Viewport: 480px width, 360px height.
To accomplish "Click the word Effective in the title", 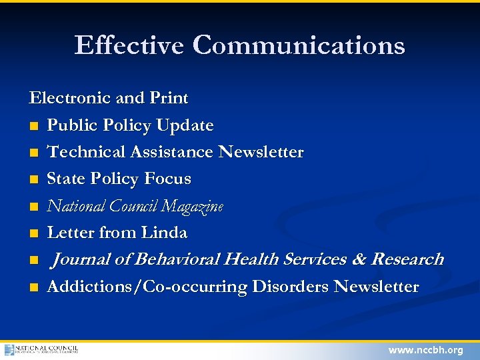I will [130, 45].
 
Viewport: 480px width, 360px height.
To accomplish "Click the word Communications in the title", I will [299, 45].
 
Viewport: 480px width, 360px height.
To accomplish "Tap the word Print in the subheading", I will [169, 98].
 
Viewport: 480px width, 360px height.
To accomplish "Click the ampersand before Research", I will [359, 259].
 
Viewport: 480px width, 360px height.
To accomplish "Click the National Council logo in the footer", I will [41, 349].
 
